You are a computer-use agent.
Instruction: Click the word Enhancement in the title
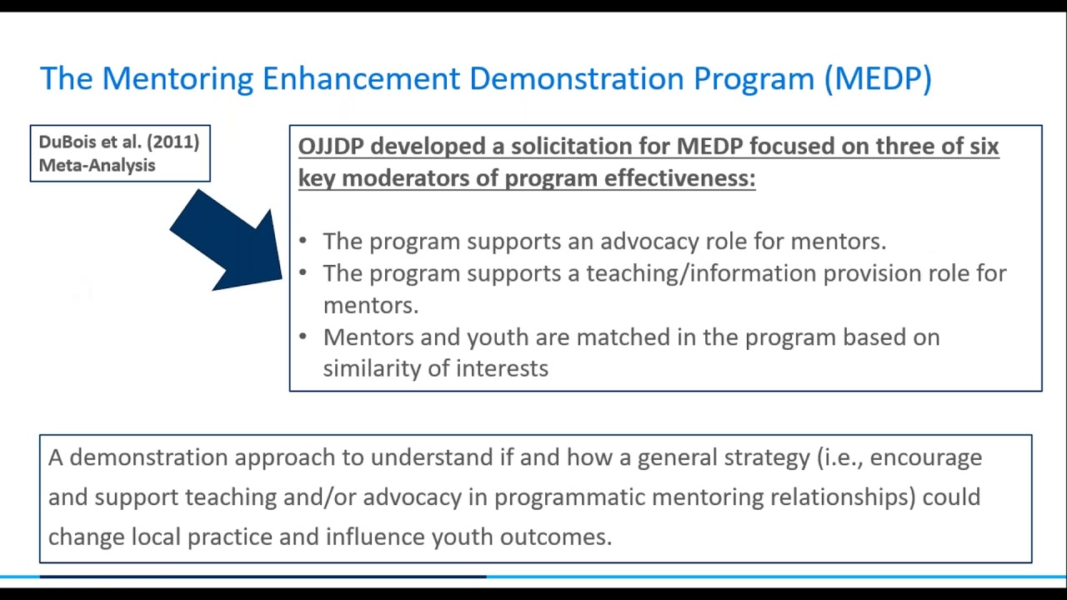(x=361, y=78)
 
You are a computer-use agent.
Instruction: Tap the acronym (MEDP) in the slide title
(x=878, y=78)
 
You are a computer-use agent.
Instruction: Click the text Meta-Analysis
(x=97, y=165)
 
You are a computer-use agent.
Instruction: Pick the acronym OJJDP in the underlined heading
(x=331, y=147)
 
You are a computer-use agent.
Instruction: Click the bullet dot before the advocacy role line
(x=303, y=242)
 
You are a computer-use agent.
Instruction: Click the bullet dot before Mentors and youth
(x=303, y=337)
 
